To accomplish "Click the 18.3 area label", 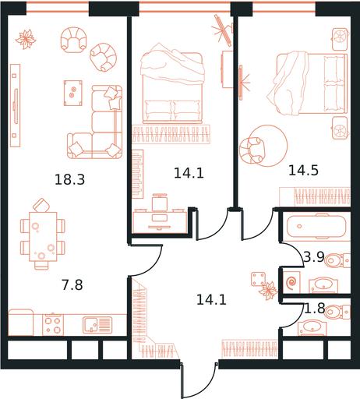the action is [x=69, y=179].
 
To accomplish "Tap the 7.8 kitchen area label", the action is [x=72, y=284].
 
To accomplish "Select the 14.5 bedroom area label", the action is [x=303, y=171].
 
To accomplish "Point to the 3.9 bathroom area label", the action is [x=313, y=257].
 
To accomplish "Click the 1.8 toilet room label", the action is [x=315, y=309].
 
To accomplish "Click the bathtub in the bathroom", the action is [x=316, y=227].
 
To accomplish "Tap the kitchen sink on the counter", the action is [x=97, y=325].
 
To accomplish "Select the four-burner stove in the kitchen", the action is [x=53, y=325].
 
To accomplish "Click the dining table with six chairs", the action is [x=43, y=237].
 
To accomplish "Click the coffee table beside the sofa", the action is [x=73, y=93].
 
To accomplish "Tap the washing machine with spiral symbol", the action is [x=291, y=281].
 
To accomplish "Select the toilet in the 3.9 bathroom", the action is [x=337, y=260].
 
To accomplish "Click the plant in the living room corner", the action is [x=26, y=39].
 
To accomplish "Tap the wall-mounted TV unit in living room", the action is [x=16, y=105].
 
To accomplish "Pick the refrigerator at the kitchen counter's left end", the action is [x=21, y=322].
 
